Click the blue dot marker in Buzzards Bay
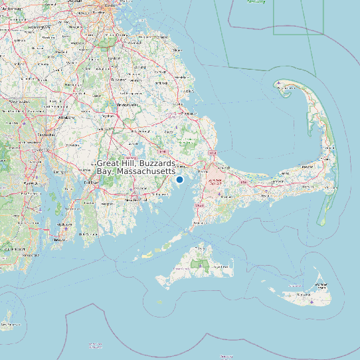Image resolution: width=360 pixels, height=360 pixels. click(x=179, y=179)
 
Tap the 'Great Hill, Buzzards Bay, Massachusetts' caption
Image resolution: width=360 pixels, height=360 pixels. click(x=136, y=167)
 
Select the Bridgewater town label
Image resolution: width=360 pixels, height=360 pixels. click(x=128, y=104)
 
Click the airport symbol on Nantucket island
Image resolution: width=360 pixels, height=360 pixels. click(x=312, y=301)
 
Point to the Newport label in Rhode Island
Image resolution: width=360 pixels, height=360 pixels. click(x=66, y=225)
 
